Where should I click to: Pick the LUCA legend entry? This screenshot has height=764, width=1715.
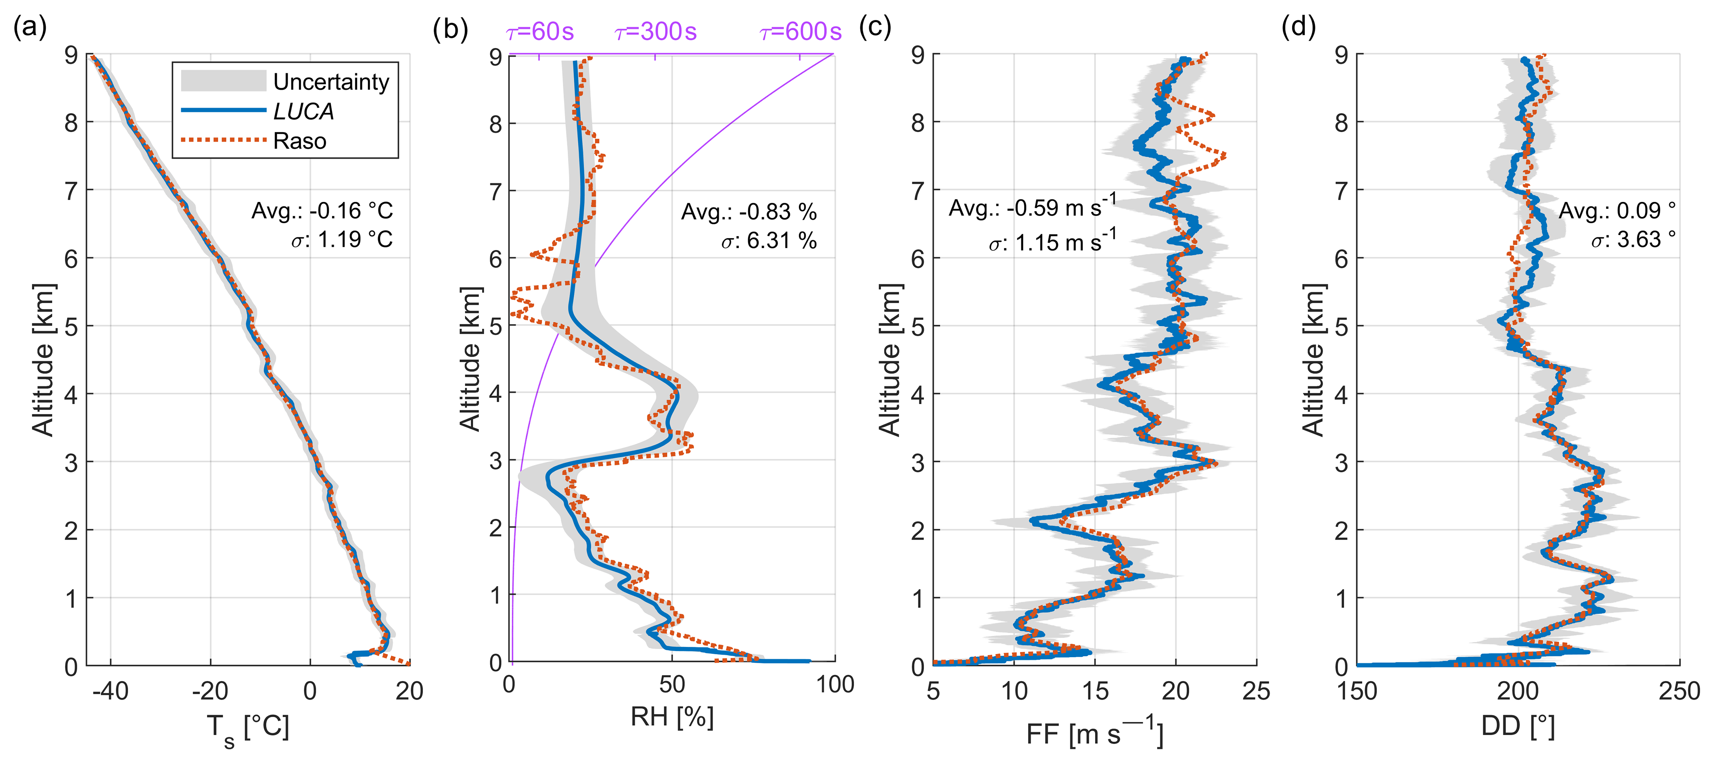303,111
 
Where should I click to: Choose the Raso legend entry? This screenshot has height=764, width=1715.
300,141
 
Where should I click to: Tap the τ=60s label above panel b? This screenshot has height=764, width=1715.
540,31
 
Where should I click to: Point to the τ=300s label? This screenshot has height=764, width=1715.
656,31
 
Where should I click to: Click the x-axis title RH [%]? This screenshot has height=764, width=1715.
672,717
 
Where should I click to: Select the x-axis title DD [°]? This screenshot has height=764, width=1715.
1518,726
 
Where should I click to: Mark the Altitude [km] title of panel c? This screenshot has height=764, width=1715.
890,360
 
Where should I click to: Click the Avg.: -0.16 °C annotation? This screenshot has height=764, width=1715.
322,211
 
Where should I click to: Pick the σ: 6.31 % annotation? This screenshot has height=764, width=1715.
769,240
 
